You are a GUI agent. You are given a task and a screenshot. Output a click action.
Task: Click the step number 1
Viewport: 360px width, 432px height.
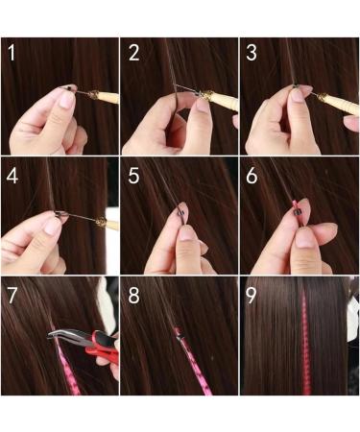pyautogui.click(x=12, y=53)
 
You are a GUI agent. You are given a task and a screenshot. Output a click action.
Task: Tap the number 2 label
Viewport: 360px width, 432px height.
pyautogui.click(x=133, y=53)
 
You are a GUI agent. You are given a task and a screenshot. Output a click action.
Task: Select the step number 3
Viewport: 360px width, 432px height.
pyautogui.click(x=253, y=53)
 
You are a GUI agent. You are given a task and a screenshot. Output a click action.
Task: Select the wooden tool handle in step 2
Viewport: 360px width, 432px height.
pyautogui.click(x=220, y=98)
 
